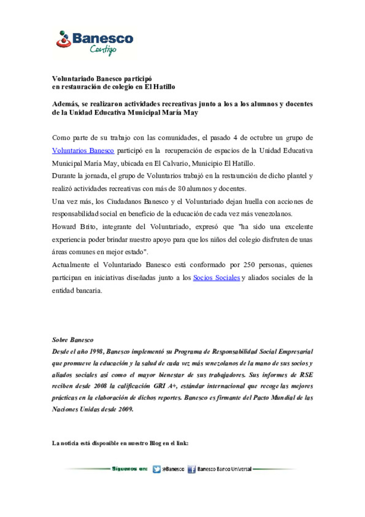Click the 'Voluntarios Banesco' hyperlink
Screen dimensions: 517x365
83,151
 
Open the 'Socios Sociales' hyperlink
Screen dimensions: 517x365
216,278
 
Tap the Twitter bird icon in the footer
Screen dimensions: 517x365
156,469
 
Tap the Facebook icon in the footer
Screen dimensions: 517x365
192,469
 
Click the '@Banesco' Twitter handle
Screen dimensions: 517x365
173,469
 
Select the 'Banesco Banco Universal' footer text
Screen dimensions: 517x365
224,469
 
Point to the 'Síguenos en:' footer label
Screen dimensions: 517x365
129,469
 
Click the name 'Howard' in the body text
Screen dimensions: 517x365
64,227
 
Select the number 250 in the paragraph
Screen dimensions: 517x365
249,265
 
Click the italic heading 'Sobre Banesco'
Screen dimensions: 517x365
73,340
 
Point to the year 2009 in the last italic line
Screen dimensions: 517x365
126,409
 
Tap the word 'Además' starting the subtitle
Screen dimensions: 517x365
65,104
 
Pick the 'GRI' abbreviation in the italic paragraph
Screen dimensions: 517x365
160,386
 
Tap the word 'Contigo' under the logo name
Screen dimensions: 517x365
103,50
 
